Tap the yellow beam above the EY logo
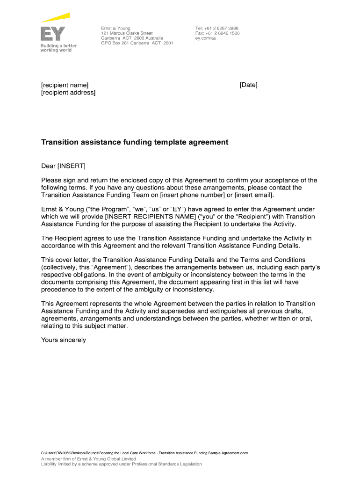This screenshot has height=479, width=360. click(x=55, y=17)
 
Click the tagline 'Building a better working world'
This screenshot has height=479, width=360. click(x=58, y=48)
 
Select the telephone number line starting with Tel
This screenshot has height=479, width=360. click(x=217, y=29)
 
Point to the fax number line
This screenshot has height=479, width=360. click(x=217, y=34)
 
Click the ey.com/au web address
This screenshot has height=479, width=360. click(x=206, y=38)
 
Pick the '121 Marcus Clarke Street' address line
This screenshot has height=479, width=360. click(x=127, y=34)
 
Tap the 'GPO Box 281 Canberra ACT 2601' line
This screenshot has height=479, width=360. click(x=137, y=43)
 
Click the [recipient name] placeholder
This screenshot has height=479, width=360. click(x=65, y=85)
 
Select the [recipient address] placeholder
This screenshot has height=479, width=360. click(x=68, y=93)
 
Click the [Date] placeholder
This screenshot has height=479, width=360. click(x=248, y=85)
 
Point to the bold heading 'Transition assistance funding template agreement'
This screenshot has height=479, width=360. click(x=135, y=142)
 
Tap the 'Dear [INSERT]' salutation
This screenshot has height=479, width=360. click(x=64, y=166)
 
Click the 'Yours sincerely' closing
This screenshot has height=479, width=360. click(x=64, y=340)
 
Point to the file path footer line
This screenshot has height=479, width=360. click(x=145, y=453)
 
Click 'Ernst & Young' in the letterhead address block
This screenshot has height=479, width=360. click(x=115, y=29)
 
